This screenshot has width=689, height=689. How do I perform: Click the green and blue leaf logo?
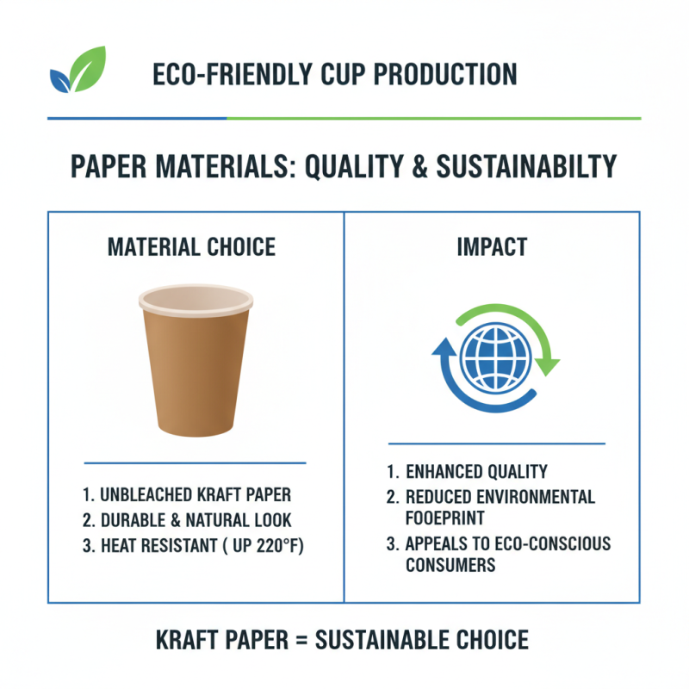tap(78, 70)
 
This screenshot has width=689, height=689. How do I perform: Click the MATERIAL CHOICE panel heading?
tap(191, 248)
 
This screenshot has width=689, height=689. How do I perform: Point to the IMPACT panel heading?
tap(493, 248)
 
